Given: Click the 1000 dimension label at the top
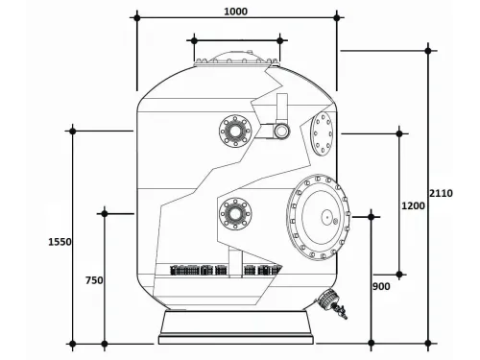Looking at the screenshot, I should [x=234, y=11].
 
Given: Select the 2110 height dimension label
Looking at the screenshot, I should [x=441, y=193].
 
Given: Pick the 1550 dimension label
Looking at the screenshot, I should [x=60, y=242].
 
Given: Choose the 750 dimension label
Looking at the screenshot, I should [x=93, y=280].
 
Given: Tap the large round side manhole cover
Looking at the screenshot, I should [x=318, y=219].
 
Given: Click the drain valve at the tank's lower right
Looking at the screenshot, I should [x=331, y=302].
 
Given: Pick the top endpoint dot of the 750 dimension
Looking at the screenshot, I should [x=105, y=213].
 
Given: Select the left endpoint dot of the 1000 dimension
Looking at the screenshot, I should [x=136, y=17].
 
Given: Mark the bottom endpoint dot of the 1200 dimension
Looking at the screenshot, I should [x=400, y=274].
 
